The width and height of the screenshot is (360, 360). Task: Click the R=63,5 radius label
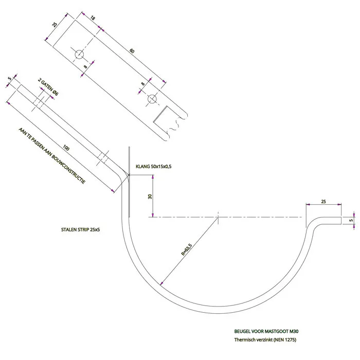[x=186, y=249]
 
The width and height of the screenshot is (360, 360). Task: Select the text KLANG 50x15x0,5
[x=154, y=167]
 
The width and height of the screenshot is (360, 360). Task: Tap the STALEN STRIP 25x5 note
[x=80, y=229]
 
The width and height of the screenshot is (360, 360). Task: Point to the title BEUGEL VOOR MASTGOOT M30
[x=266, y=331]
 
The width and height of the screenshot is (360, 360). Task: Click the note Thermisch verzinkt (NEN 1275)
[x=265, y=340]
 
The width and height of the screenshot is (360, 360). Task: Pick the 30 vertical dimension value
[x=150, y=196]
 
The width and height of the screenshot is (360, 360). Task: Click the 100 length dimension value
[x=66, y=148]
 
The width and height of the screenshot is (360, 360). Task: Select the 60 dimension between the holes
[x=132, y=51]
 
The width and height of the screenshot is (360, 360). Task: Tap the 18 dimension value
[x=92, y=18]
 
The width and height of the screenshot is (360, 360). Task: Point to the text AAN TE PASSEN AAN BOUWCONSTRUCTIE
[x=52, y=156]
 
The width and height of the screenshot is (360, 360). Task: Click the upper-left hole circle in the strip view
[x=79, y=55]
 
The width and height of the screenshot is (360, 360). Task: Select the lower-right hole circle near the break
[x=152, y=99]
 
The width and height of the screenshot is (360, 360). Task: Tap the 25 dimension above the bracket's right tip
[x=323, y=202]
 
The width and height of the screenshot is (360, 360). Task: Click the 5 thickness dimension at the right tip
[x=351, y=221]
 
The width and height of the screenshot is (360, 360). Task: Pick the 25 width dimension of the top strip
[x=55, y=24]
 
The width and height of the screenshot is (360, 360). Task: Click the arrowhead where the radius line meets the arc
[x=161, y=283]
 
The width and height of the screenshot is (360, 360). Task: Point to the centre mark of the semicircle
[x=218, y=217]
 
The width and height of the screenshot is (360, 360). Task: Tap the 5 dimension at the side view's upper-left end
[x=9, y=79]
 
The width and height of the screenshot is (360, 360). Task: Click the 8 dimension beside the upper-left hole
[x=85, y=67]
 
